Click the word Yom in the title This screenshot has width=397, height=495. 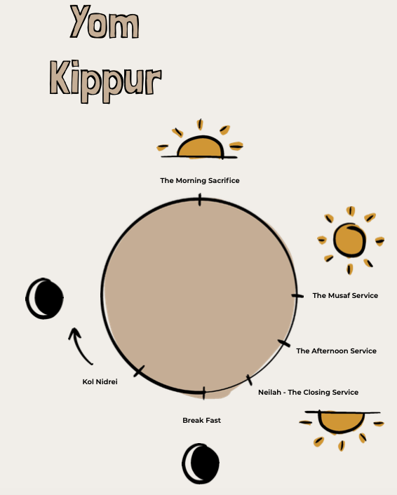[105, 22]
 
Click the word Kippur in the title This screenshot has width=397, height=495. [105, 81]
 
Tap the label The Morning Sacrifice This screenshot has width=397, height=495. [200, 181]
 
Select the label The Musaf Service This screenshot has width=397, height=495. [345, 295]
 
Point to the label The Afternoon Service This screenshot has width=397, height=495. [337, 351]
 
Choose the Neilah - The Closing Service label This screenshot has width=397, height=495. [308, 392]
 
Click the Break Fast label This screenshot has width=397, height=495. [201, 420]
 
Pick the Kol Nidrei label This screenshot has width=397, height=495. [100, 381]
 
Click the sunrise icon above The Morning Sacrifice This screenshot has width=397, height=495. [200, 140]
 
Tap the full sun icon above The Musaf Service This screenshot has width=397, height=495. [350, 240]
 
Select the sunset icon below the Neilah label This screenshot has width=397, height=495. [342, 429]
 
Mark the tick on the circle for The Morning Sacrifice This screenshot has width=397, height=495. [200, 200]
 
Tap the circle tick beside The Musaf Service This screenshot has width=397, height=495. [297, 296]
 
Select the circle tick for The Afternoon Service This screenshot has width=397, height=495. [283, 344]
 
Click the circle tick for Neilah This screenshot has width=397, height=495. [250, 380]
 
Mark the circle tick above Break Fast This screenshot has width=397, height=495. [203, 393]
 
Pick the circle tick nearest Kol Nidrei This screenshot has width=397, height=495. [139, 371]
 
